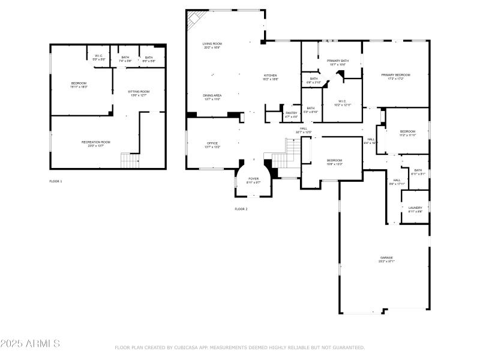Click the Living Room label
click(212, 44)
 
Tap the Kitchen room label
click(271, 76)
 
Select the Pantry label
click(292, 113)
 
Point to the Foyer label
click(254, 179)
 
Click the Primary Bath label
click(338, 61)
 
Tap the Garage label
click(386, 258)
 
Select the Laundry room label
click(415, 208)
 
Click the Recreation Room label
click(96, 142)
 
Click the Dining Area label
click(212, 95)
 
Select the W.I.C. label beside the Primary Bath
click(342, 101)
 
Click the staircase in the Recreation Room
click(130, 160)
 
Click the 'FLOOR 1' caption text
click(56, 181)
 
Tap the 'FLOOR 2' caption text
click(241, 209)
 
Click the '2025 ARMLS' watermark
click(30, 344)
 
